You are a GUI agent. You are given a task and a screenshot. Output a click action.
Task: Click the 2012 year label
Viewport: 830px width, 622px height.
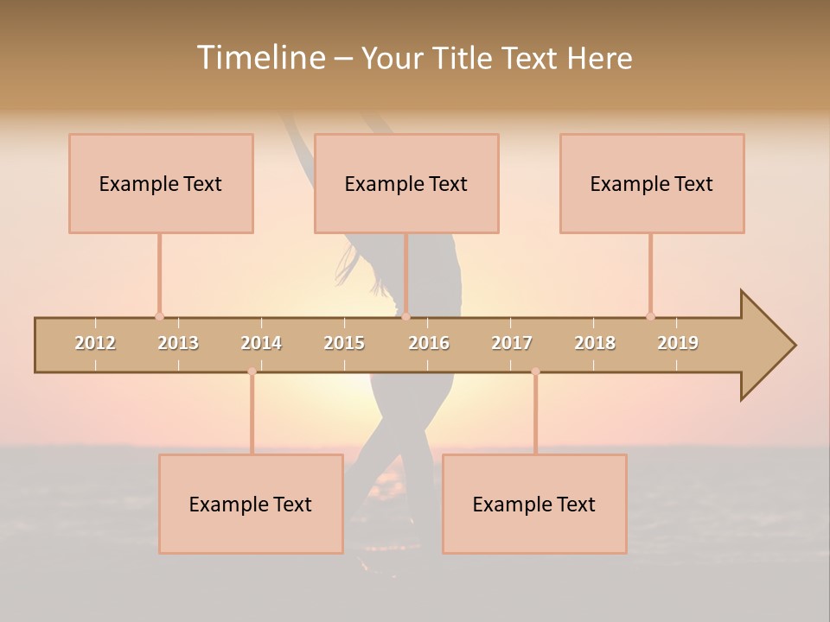[95, 343]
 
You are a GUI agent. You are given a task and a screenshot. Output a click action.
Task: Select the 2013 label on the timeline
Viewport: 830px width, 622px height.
[178, 343]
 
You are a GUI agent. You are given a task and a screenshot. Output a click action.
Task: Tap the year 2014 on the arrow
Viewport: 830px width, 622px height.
[261, 343]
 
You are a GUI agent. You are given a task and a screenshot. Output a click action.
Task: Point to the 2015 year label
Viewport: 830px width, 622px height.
[344, 343]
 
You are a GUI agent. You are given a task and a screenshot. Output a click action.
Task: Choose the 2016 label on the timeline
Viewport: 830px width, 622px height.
[429, 343]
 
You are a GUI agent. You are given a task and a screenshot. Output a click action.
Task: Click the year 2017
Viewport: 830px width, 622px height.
[512, 343]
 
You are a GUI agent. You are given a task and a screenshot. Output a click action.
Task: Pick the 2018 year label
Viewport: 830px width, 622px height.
[595, 343]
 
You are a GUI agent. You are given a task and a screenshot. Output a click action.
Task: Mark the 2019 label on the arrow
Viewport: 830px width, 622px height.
[678, 343]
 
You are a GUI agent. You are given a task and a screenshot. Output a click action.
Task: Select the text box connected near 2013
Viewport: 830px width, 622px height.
[161, 184]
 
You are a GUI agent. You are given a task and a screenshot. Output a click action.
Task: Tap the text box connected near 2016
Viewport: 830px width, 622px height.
[406, 184]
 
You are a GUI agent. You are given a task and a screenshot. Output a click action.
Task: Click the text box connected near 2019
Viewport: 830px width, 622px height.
[652, 184]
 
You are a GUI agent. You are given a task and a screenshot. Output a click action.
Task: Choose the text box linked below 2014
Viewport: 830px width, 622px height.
[251, 505]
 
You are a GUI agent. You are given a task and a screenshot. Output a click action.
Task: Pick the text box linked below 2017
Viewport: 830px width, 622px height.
[534, 505]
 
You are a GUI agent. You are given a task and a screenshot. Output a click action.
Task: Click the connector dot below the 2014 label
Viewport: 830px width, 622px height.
[252, 371]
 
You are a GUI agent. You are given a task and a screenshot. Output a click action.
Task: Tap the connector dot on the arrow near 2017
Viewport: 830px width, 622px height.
[535, 371]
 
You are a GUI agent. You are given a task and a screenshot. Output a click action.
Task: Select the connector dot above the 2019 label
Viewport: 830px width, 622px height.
[650, 316]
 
